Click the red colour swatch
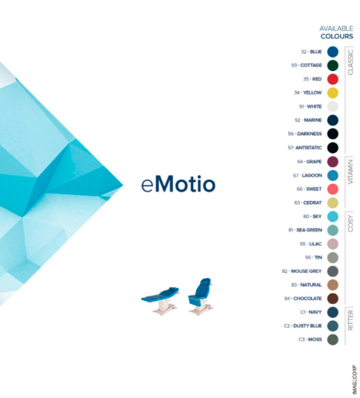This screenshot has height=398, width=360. click(x=333, y=79)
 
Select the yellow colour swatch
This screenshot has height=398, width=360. click(x=333, y=93)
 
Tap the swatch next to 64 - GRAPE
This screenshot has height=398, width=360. click(x=333, y=162)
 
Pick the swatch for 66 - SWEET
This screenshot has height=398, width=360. click(x=333, y=189)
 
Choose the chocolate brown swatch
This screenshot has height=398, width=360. click(x=333, y=298)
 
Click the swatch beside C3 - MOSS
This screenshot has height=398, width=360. click(x=333, y=339)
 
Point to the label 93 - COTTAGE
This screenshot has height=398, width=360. click(x=306, y=65)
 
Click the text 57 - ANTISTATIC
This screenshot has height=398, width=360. click(x=305, y=148)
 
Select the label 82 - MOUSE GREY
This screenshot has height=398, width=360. click(x=301, y=271)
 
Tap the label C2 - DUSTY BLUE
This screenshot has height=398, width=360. click(x=303, y=326)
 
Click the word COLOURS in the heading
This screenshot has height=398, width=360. click(x=336, y=36)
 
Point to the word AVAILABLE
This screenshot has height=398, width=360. click(x=336, y=29)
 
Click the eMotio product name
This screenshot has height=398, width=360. click(x=178, y=184)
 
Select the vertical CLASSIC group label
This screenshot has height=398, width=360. click(x=351, y=62)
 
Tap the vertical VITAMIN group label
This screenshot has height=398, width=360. click(x=351, y=171)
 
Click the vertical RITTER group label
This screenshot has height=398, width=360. click(x=351, y=320)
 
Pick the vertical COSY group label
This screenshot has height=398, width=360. click(x=351, y=224)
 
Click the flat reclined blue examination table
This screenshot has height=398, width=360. click(x=161, y=301)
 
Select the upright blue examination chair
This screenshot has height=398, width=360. click(x=201, y=296)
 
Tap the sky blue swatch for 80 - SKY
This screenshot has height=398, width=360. click(x=333, y=217)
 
